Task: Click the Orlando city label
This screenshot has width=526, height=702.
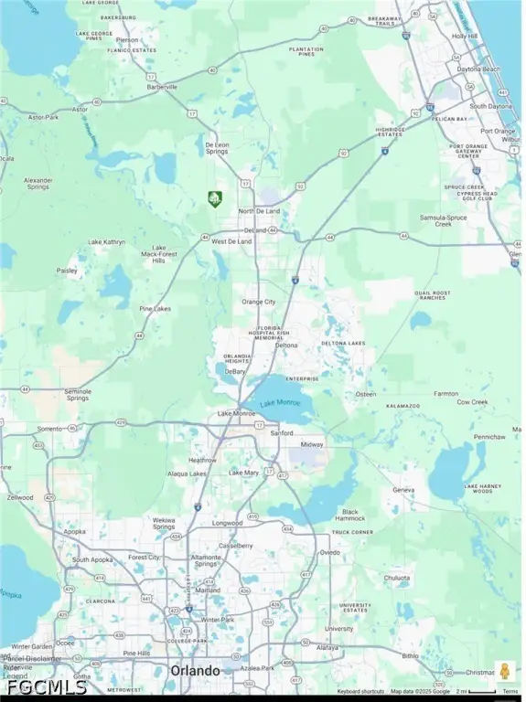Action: (195, 671)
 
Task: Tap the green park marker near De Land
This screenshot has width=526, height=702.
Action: (214, 197)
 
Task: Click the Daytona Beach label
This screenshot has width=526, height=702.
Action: (478, 69)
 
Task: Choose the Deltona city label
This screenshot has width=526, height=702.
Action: (285, 346)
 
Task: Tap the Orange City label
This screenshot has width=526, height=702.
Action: (258, 302)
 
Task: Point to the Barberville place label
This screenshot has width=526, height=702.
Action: (164, 88)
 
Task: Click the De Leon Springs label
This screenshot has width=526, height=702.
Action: (217, 148)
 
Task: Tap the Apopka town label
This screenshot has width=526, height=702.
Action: (75, 530)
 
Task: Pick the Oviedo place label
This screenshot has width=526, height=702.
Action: (330, 552)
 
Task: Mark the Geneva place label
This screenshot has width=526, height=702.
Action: (403, 490)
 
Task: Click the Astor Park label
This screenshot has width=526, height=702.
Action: (42, 118)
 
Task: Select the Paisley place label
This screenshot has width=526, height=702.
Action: (67, 271)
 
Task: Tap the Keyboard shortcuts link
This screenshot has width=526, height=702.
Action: (361, 692)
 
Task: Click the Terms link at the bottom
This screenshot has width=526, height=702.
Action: (510, 692)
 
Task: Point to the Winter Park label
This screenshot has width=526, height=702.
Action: (218, 619)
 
